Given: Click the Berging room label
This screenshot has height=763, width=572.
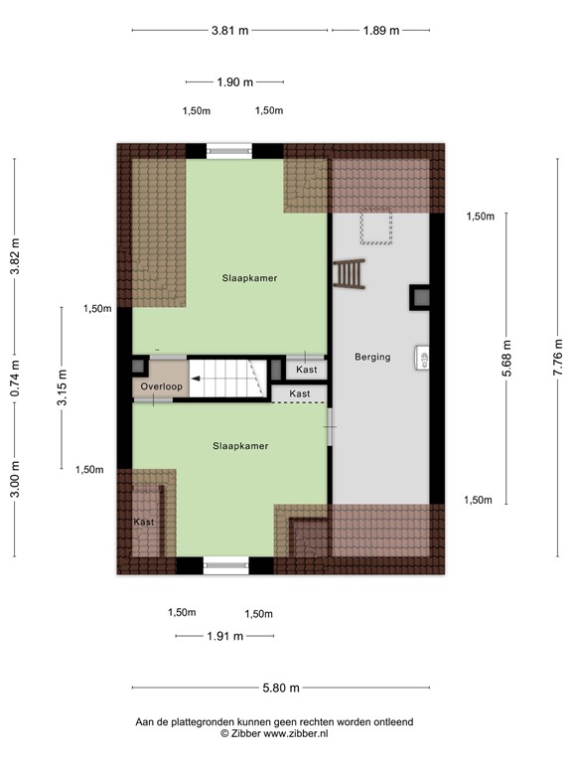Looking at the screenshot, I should pyautogui.click(x=372, y=357).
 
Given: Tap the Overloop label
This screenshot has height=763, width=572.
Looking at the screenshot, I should pyautogui.click(x=159, y=385).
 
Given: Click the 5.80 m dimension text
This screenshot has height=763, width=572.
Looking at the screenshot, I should pyautogui.click(x=280, y=687).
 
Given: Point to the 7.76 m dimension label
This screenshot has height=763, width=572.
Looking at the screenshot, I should pyautogui.click(x=557, y=358).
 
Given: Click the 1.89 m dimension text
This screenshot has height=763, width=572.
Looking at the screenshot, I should pyautogui.click(x=380, y=31).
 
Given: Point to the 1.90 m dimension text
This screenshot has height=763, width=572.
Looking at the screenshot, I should pyautogui.click(x=234, y=82).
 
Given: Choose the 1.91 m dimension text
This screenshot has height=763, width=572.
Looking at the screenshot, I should pyautogui.click(x=224, y=637).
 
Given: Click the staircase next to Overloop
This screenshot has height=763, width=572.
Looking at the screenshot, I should pyautogui.click(x=230, y=379).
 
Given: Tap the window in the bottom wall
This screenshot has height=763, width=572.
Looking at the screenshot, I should pyautogui.click(x=225, y=565).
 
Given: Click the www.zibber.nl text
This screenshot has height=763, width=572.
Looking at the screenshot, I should pyautogui.click(x=296, y=733).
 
